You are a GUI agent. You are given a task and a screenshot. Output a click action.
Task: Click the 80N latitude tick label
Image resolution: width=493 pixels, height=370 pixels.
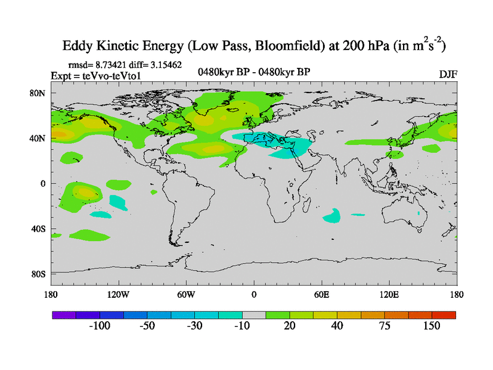(38, 93)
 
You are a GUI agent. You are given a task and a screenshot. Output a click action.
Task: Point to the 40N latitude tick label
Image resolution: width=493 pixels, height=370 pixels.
(38, 138)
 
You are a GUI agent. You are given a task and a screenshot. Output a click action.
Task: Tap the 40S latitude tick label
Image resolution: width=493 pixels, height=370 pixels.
(38, 229)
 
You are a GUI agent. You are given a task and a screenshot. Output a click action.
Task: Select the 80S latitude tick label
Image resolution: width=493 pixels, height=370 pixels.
(38, 274)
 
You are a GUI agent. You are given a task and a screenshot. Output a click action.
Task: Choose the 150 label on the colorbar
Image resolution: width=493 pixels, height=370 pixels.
(431, 326)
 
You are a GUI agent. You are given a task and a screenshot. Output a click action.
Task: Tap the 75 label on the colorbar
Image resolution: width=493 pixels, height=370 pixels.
(385, 326)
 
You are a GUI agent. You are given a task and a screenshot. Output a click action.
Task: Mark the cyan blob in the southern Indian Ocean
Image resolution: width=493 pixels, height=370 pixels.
(332, 215)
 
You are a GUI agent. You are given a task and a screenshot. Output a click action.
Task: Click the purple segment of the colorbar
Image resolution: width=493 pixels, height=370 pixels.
(63, 315)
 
